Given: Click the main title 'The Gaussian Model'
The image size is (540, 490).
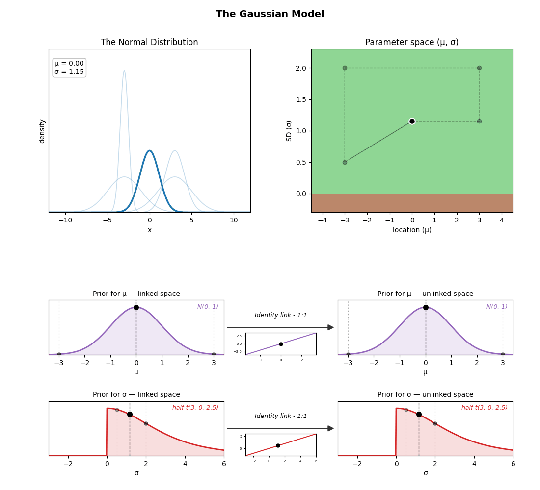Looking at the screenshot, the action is click(270, 14).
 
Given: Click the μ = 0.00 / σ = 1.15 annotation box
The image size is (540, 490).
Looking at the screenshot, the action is click(69, 68).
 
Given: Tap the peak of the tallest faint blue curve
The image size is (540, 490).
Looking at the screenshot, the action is click(124, 71).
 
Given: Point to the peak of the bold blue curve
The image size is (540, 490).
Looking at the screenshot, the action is click(149, 150).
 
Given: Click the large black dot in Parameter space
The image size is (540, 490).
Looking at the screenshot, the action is click(412, 121).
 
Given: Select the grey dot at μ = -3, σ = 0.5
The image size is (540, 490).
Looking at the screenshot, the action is click(345, 162).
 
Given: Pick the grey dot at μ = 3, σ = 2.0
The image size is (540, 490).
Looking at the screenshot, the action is click(480, 68).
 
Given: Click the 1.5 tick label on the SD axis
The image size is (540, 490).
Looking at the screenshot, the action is click(301, 100).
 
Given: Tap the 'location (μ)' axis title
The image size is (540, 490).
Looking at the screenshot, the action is click(412, 230).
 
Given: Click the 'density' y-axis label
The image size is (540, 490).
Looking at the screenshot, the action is click(42, 131).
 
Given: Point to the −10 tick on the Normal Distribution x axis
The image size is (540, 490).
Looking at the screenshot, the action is click(65, 220).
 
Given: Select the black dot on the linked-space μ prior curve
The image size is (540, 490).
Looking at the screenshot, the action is click(136, 307).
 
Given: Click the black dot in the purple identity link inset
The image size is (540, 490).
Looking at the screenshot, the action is click(281, 344).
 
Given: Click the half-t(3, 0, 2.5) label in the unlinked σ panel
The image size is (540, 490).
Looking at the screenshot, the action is click(484, 408).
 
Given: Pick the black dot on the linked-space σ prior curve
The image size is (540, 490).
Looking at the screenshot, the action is click(130, 415).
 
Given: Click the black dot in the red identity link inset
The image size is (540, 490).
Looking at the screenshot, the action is click(278, 445).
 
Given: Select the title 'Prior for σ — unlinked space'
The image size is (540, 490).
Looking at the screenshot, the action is click(425, 394).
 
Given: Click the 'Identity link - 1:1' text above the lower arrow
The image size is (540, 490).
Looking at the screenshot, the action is click(281, 416).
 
